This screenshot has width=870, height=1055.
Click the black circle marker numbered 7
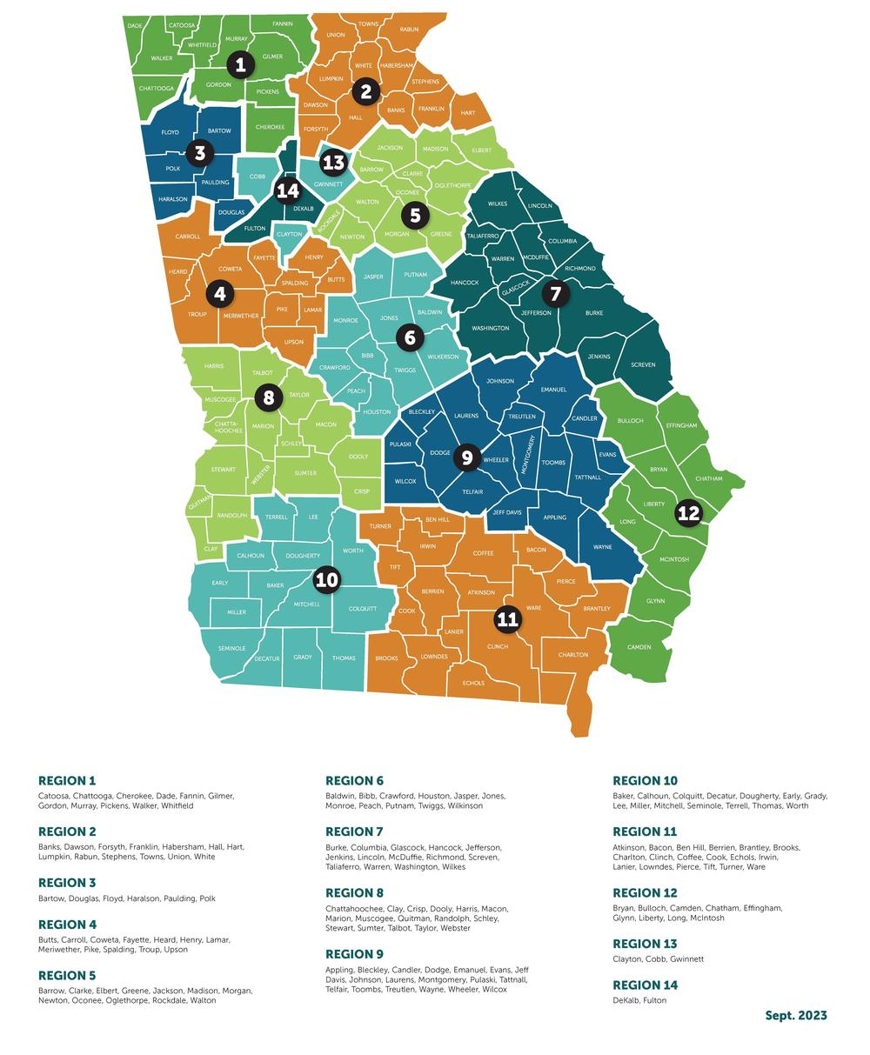coord(555,294)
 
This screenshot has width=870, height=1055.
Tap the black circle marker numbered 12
coord(688,513)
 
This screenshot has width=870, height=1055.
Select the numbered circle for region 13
coord(333,163)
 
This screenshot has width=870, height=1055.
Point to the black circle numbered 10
coord(326,580)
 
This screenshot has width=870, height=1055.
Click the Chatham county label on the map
coord(709,478)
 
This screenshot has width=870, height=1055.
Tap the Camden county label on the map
coord(639,647)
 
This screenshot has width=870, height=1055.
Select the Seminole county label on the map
coord(231,648)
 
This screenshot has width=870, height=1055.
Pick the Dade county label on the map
coord(135,26)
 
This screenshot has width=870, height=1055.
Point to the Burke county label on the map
coord(594,312)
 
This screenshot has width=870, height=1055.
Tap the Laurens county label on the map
coord(466,416)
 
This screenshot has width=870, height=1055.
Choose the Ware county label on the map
coord(534,608)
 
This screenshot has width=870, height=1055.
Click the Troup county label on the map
coord(197,314)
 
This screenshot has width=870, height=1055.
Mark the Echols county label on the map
coord(473,683)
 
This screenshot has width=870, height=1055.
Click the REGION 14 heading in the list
coord(645,985)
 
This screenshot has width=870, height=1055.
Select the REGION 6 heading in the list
coord(354,781)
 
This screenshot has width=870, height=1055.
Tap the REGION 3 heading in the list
coord(67,883)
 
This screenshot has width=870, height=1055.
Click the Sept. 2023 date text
coord(795,1015)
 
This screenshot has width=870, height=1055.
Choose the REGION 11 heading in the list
coord(645,831)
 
